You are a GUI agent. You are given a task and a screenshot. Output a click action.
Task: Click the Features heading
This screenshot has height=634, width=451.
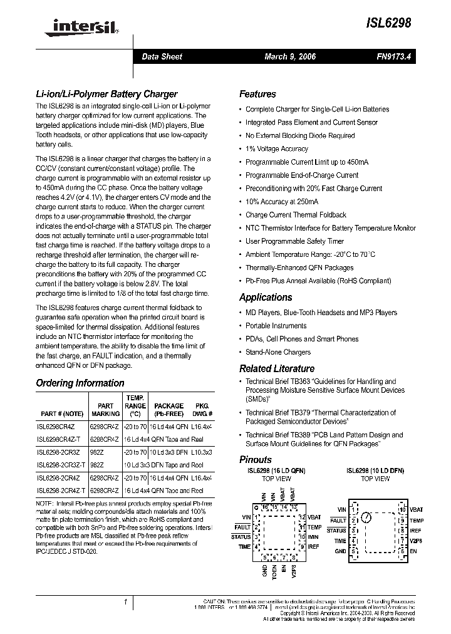coord(257,94)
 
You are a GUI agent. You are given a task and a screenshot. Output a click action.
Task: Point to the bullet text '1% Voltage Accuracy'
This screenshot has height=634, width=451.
coord(276,149)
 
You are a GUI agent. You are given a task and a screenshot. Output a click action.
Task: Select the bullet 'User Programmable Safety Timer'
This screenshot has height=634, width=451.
coord(294,241)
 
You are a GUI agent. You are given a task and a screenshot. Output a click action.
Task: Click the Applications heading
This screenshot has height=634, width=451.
coord(266,297)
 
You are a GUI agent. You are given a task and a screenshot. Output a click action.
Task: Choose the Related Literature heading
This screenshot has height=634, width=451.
coord(276,368)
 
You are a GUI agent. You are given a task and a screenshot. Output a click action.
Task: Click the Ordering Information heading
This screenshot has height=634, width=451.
coord(80,383)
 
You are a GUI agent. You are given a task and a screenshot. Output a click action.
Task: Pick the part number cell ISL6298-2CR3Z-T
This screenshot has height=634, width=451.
coord(61,464)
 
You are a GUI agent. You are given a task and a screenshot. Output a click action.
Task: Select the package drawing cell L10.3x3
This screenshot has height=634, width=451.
coord(201,452)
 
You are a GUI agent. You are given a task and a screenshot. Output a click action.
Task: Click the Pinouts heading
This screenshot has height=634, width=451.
coord(256,459)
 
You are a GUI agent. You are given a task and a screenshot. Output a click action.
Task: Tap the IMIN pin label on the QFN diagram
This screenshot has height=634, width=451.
coord(313,537)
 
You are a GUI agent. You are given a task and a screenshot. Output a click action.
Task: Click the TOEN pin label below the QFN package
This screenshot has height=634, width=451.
coord(274,574)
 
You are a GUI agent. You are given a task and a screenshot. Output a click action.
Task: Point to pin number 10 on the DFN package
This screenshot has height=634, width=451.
coord(402,510)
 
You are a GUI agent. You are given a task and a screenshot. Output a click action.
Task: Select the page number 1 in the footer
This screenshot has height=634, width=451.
coord(125,603)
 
